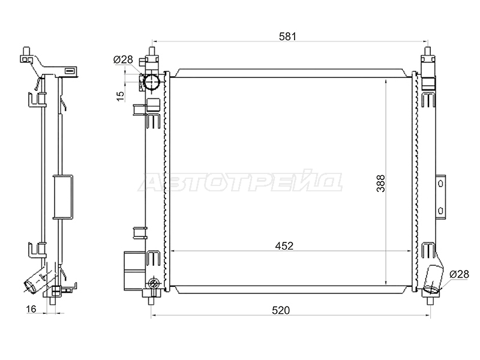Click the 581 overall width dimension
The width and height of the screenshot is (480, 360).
pos(287,37)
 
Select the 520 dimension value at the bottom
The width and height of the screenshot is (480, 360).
pos(281,310)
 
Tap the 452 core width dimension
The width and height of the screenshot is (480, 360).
pos(284,246)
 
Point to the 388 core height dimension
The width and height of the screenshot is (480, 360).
pos(380,184)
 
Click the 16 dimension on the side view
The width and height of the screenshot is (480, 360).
pos(31,309)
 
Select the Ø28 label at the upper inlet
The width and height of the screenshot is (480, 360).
pos(123,59)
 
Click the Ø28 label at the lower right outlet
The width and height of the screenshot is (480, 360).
pos(459,274)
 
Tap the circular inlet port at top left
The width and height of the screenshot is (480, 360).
pos(152,82)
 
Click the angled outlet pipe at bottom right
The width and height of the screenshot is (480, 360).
pos(434,278)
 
